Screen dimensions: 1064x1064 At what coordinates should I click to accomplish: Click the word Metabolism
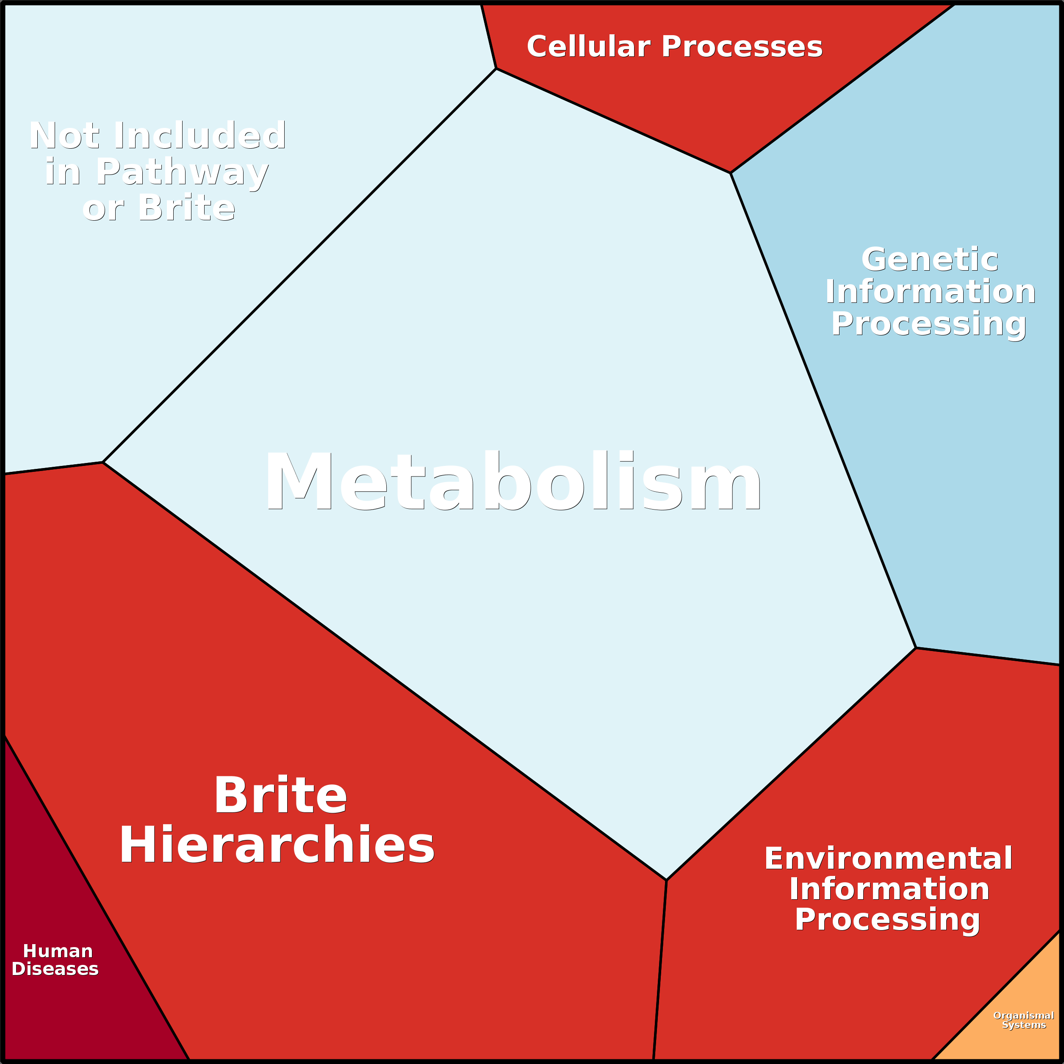(513, 481)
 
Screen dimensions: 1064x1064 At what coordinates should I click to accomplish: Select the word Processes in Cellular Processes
(742, 47)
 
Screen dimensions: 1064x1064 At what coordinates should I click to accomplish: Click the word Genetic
(930, 259)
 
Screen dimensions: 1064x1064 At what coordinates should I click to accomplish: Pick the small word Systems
(1024, 1025)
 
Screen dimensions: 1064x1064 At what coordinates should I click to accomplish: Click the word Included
(200, 135)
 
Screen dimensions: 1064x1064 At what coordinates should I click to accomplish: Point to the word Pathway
(182, 172)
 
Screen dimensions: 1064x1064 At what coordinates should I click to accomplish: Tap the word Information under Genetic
(930, 291)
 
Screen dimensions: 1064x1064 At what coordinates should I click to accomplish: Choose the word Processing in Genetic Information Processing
(928, 324)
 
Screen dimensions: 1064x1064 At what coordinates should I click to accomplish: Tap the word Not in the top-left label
(65, 136)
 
